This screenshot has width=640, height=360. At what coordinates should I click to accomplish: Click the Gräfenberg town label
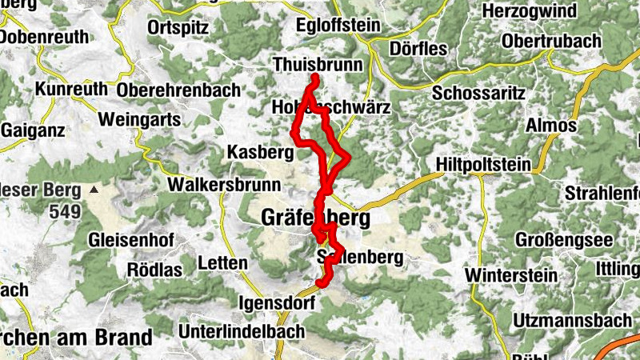[x=315, y=217]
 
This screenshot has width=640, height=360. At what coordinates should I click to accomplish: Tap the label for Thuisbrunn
[x=318, y=64]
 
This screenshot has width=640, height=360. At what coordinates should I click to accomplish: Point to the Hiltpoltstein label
[x=484, y=165]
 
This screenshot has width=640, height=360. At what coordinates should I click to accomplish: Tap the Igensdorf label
[x=278, y=303]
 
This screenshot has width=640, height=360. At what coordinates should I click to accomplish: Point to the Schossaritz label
[x=479, y=93]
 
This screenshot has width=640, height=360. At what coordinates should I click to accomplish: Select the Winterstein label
[x=508, y=274]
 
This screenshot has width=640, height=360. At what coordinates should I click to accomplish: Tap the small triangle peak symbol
[x=95, y=190]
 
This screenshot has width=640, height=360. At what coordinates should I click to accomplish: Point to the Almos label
[x=551, y=126]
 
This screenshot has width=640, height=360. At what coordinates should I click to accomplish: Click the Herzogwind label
[x=545, y=10]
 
